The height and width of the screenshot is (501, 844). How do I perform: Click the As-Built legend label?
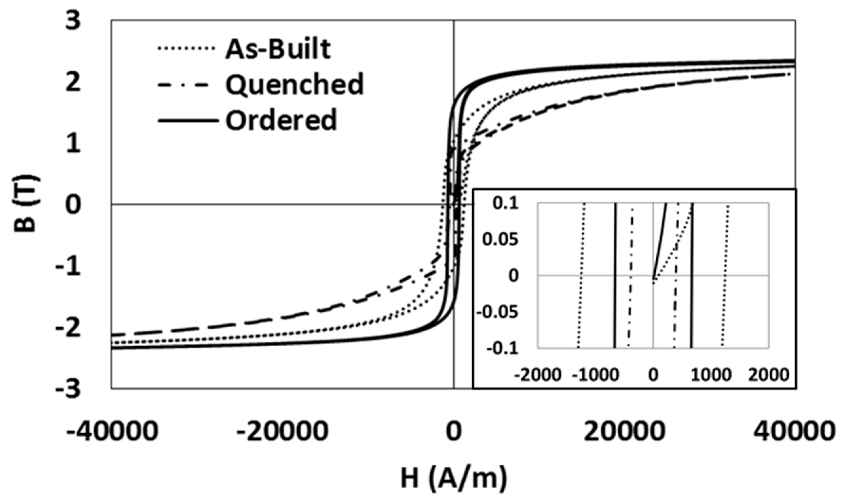[x=278, y=50]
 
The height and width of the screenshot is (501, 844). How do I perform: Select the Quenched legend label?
[x=294, y=84]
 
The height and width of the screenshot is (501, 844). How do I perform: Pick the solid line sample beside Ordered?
[x=188, y=120]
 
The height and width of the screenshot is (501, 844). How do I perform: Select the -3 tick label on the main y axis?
[x=69, y=389]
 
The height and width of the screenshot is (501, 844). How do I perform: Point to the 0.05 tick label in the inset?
[x=500, y=240]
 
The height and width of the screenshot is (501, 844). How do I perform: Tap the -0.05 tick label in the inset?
[x=497, y=312]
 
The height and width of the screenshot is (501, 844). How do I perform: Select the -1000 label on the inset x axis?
[x=595, y=375]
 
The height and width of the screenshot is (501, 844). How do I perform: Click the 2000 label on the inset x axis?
[x=768, y=375]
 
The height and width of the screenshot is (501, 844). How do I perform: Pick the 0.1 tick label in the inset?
[x=505, y=204]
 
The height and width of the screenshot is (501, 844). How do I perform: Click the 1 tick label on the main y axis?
[x=73, y=143]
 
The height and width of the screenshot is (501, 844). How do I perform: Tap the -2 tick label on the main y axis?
[x=69, y=327]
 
